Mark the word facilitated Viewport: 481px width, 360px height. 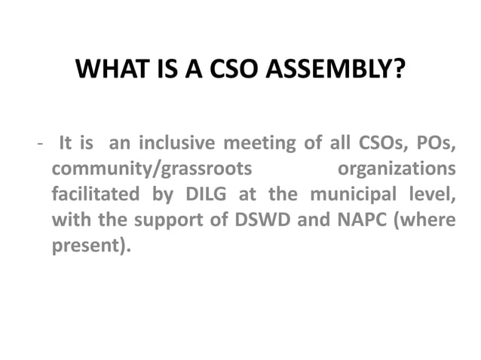point(95,193)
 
